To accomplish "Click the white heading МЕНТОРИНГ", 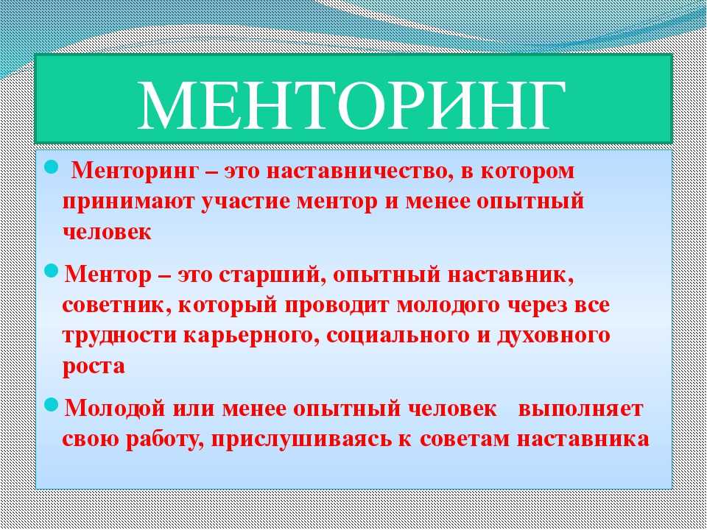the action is [x=352, y=105].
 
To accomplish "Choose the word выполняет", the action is [x=581, y=409].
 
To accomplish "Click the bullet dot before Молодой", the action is [x=52, y=405].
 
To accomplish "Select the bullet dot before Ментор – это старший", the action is [x=52, y=272].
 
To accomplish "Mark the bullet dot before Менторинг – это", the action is [x=52, y=169].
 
